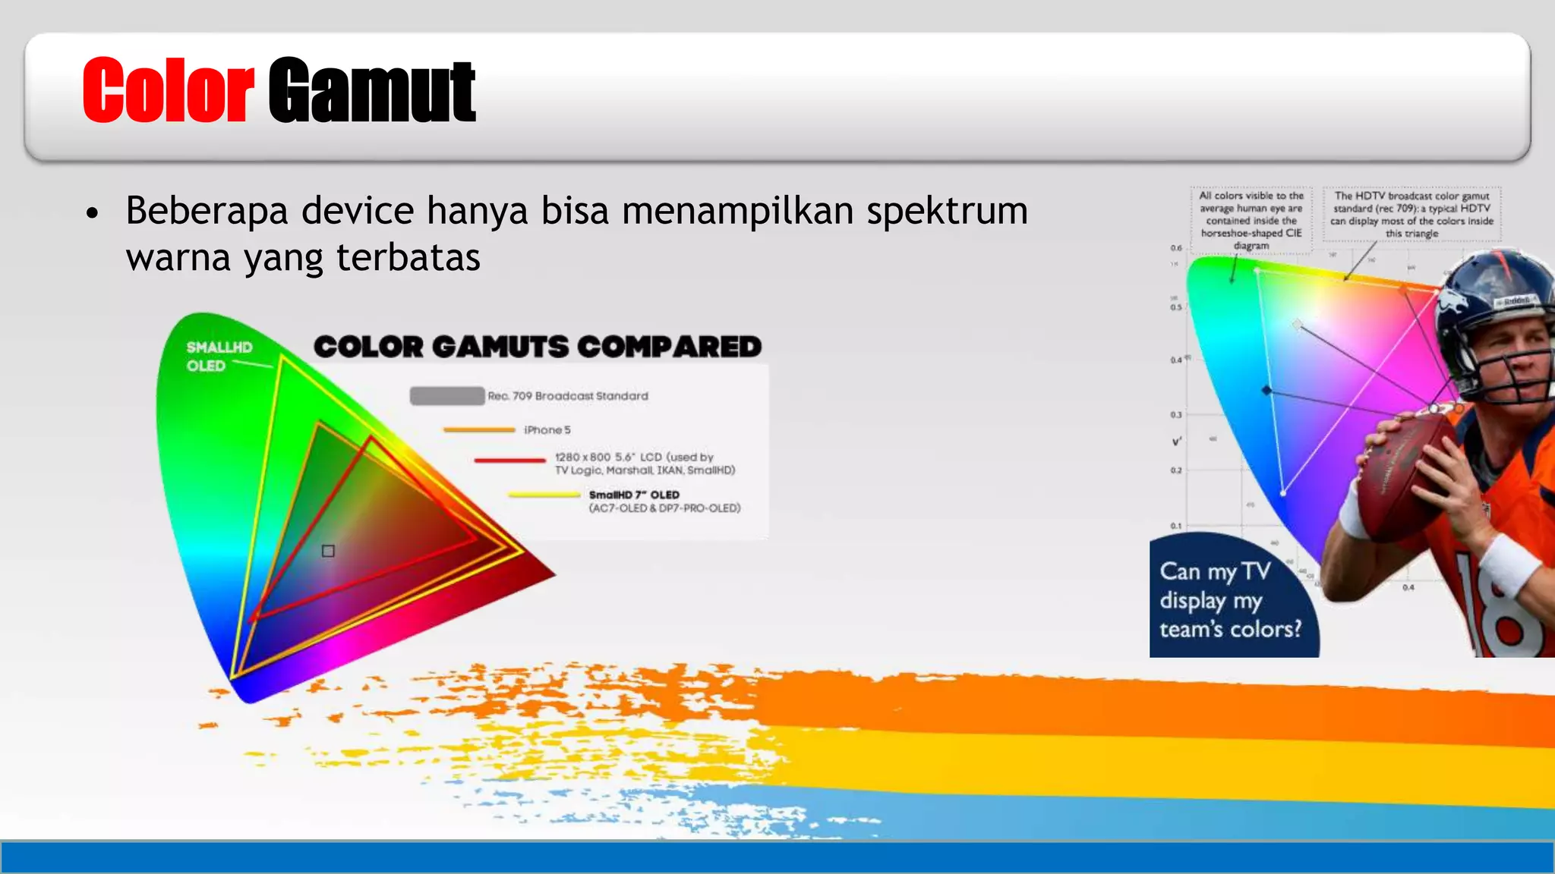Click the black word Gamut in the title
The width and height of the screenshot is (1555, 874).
point(371,91)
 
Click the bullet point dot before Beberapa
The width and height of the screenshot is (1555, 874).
point(93,214)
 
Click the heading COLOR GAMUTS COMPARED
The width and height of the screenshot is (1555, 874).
point(538,347)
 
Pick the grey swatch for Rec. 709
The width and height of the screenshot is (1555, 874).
point(446,396)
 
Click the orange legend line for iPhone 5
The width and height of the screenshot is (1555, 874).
point(479,430)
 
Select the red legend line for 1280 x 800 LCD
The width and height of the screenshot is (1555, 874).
point(509,460)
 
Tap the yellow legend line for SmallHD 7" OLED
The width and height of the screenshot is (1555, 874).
point(544,495)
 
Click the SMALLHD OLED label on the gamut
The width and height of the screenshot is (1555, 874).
point(219,357)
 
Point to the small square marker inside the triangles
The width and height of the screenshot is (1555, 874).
point(328,551)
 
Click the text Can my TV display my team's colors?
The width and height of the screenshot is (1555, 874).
point(1229,600)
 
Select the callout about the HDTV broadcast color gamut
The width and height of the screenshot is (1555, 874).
point(1411,214)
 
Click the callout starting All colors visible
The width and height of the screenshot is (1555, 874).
point(1251,220)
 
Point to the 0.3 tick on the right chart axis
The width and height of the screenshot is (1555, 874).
point(1175,415)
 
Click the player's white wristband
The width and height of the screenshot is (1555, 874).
point(1507,565)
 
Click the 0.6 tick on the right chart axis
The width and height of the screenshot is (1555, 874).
point(1175,248)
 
